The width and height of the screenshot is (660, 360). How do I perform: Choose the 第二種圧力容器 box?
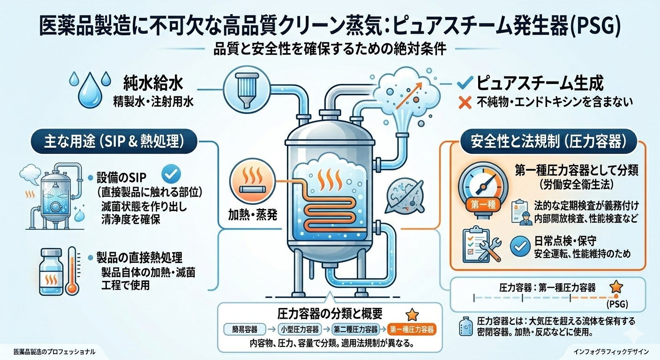point(355,329)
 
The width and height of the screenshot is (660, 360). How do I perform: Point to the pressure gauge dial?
point(481,184)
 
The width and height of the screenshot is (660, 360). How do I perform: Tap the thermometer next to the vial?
point(72,271)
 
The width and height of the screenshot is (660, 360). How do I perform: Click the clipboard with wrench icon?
point(482,245)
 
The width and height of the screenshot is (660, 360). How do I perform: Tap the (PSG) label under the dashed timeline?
point(617,305)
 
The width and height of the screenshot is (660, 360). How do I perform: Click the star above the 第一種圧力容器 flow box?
point(411,314)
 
